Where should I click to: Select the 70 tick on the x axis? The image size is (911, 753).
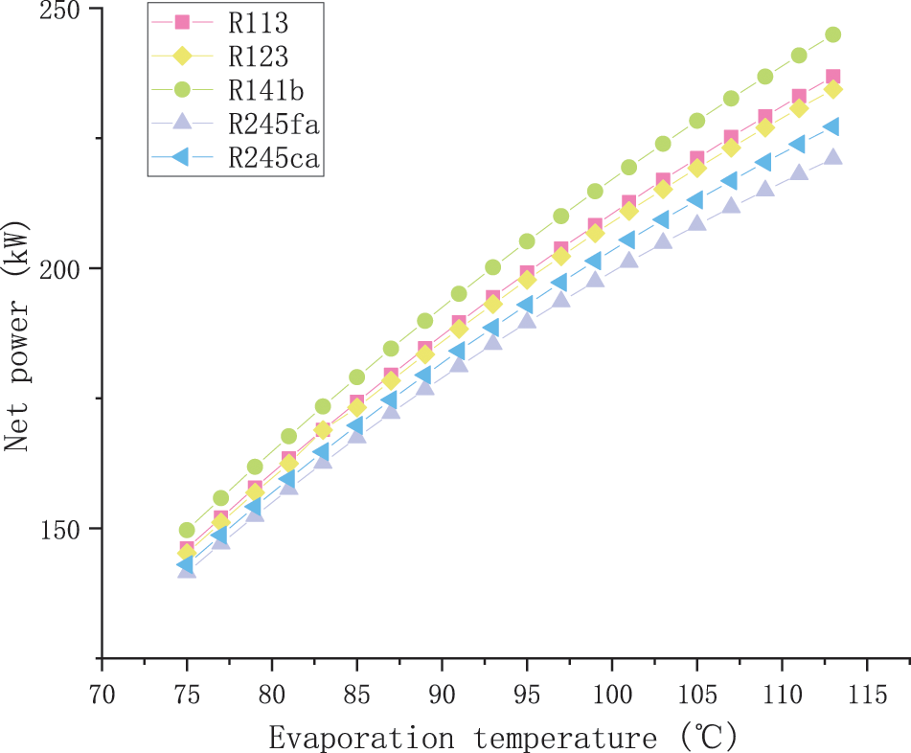click(102, 691)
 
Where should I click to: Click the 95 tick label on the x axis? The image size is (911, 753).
click(527, 691)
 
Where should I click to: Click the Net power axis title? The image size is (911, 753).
click(16, 336)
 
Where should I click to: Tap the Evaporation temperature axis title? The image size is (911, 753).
click(503, 738)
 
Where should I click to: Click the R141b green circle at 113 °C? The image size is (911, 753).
click(832, 34)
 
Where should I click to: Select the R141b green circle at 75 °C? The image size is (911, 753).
click(187, 530)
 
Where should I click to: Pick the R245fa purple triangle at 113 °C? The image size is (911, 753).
click(832, 157)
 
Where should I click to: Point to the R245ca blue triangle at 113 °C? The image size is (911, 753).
click(832, 127)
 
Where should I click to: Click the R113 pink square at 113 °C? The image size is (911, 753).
click(832, 77)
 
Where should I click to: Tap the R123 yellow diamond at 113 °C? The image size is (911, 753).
click(832, 89)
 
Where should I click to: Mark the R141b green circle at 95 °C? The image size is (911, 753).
click(527, 241)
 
